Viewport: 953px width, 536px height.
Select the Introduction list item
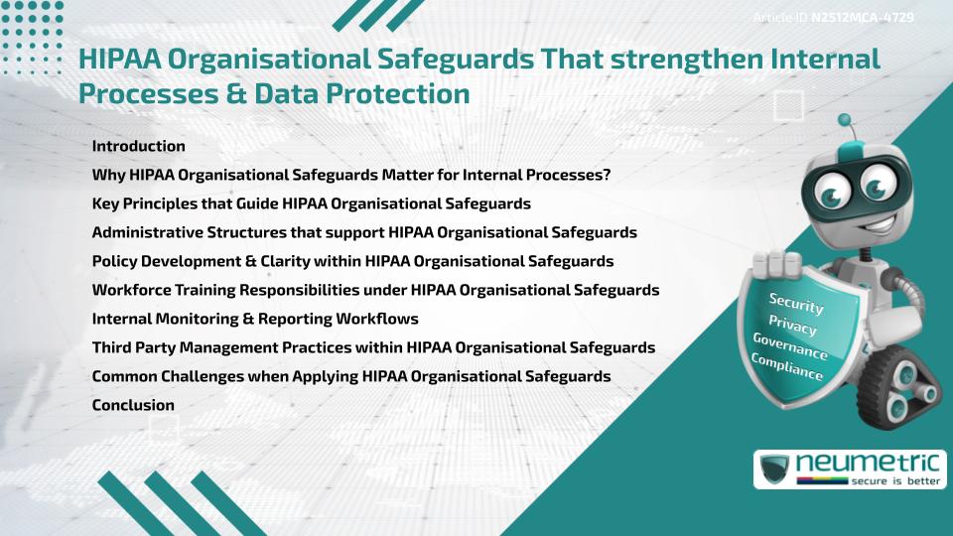pyautogui.click(x=138, y=146)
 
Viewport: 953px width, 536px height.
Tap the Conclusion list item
pyautogui.click(x=133, y=405)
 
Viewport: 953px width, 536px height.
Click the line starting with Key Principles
pyautogui.click(x=311, y=203)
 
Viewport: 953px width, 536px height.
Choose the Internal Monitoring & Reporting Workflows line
pyautogui.click(x=254, y=319)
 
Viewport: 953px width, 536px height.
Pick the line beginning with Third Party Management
pyautogui.click(x=373, y=347)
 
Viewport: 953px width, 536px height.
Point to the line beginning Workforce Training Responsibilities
pyautogui.click(x=375, y=290)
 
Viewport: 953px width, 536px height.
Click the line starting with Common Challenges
pyautogui.click(x=350, y=376)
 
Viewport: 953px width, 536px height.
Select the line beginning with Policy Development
pyautogui.click(x=352, y=261)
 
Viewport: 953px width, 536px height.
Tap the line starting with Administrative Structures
pyautogui.click(x=363, y=232)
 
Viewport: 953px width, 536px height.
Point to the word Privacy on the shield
pyautogui.click(x=792, y=326)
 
